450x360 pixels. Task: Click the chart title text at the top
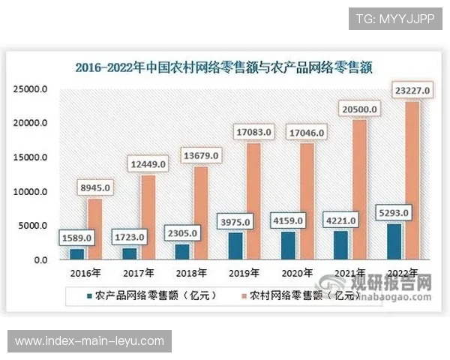224,67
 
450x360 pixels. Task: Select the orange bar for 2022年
412,180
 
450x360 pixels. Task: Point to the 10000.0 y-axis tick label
31,192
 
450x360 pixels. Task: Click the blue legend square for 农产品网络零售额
90,295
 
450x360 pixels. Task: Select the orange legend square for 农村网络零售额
242,295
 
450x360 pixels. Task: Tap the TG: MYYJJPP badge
395,18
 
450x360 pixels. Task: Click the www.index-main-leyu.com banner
89,341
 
